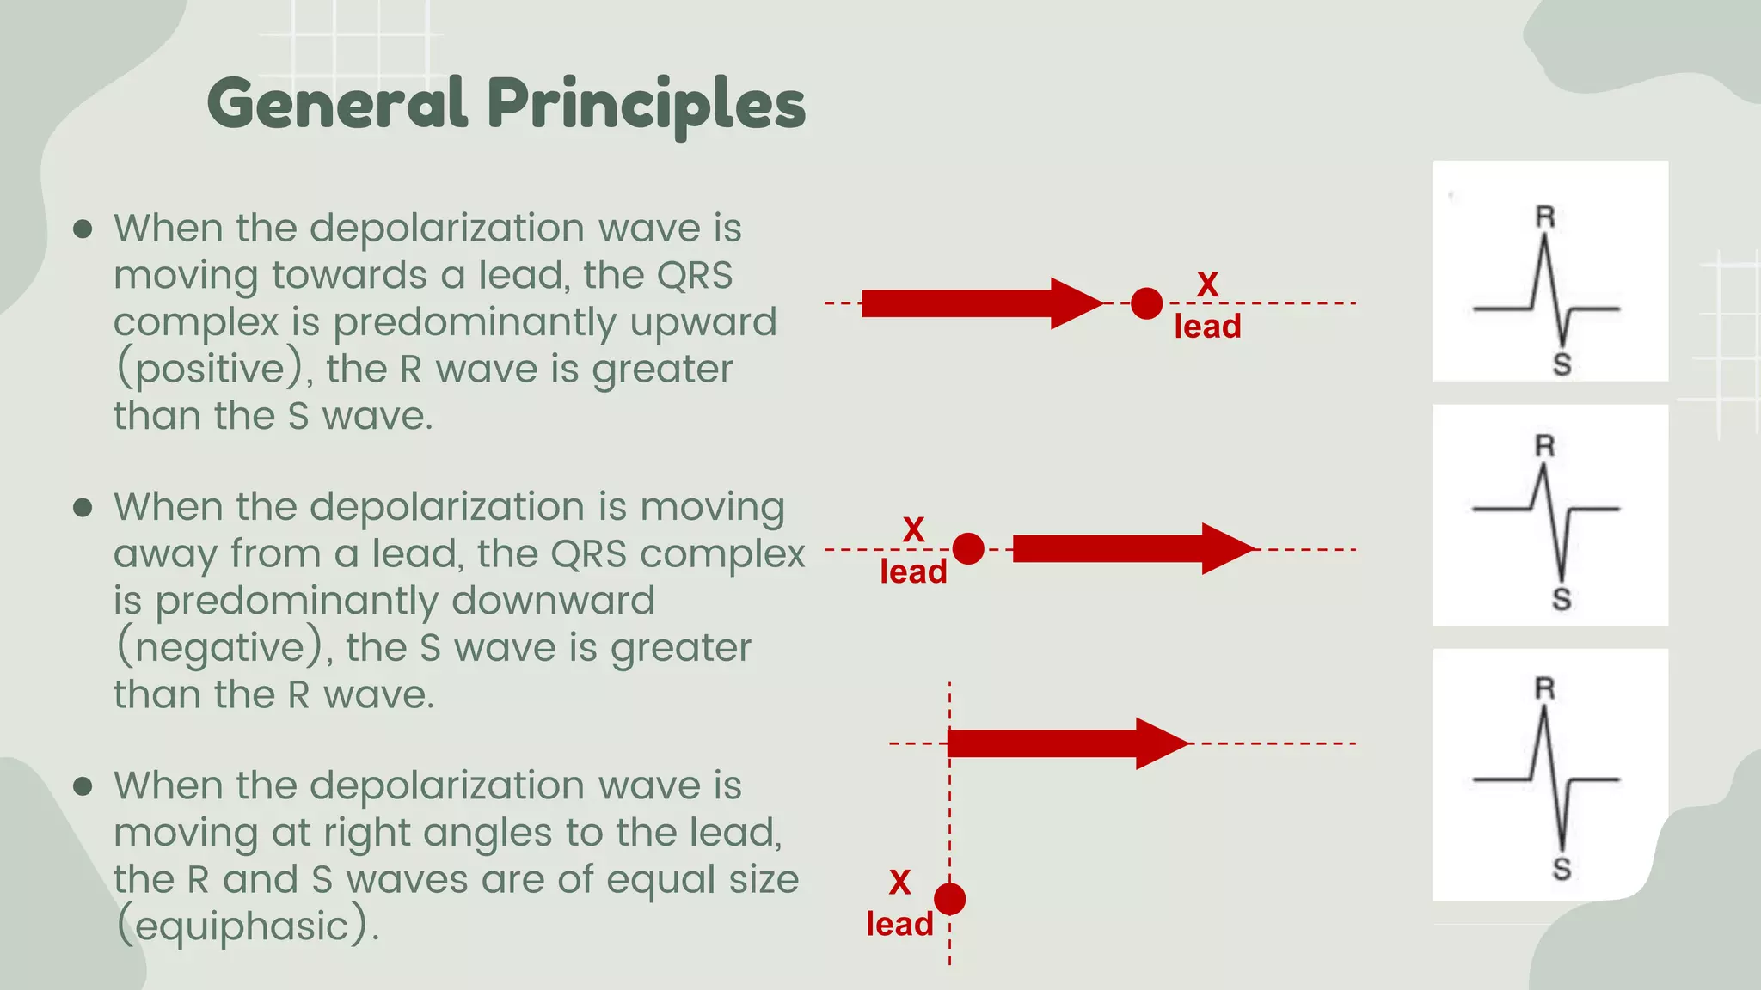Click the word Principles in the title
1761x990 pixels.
tap(647, 105)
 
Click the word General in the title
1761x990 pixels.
tap(337, 103)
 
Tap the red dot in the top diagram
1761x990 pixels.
tap(1146, 303)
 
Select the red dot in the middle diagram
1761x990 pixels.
tap(968, 548)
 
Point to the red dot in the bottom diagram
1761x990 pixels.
tap(949, 899)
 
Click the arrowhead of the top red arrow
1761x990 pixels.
tap(1075, 303)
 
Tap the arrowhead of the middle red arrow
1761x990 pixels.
tap(1227, 548)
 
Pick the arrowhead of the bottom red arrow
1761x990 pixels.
tap(1161, 743)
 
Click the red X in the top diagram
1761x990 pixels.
tap(1207, 284)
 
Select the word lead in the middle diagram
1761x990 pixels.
tap(913, 572)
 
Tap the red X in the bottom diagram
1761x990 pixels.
tap(899, 883)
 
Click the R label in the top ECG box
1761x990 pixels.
tap(1545, 217)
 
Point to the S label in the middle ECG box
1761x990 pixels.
tap(1562, 599)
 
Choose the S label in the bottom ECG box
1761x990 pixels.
tap(1562, 869)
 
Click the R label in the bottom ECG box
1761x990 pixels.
tap(1545, 688)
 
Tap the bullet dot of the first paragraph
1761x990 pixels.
tap(83, 229)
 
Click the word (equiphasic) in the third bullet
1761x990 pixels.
tap(245, 926)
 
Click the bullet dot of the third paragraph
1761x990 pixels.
tap(83, 785)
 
